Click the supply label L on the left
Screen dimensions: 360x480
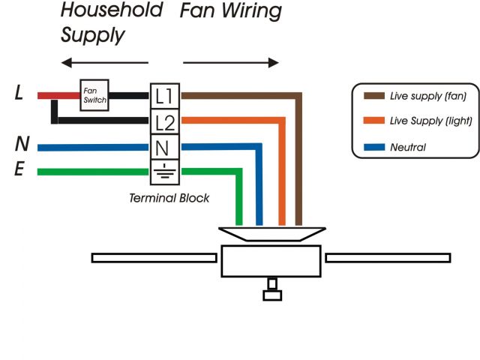tap(19, 94)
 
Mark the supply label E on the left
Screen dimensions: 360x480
tap(19, 171)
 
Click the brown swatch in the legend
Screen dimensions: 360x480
tap(373, 96)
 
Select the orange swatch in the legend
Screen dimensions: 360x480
tap(373, 121)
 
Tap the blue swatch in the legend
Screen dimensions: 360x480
tap(373, 147)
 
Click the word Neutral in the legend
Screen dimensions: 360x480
tap(408, 148)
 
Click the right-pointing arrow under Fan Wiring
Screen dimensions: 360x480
tap(231, 63)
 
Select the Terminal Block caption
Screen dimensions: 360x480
tap(169, 199)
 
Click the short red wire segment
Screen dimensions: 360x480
tap(59, 95)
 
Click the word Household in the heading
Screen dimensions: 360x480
tap(111, 11)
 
